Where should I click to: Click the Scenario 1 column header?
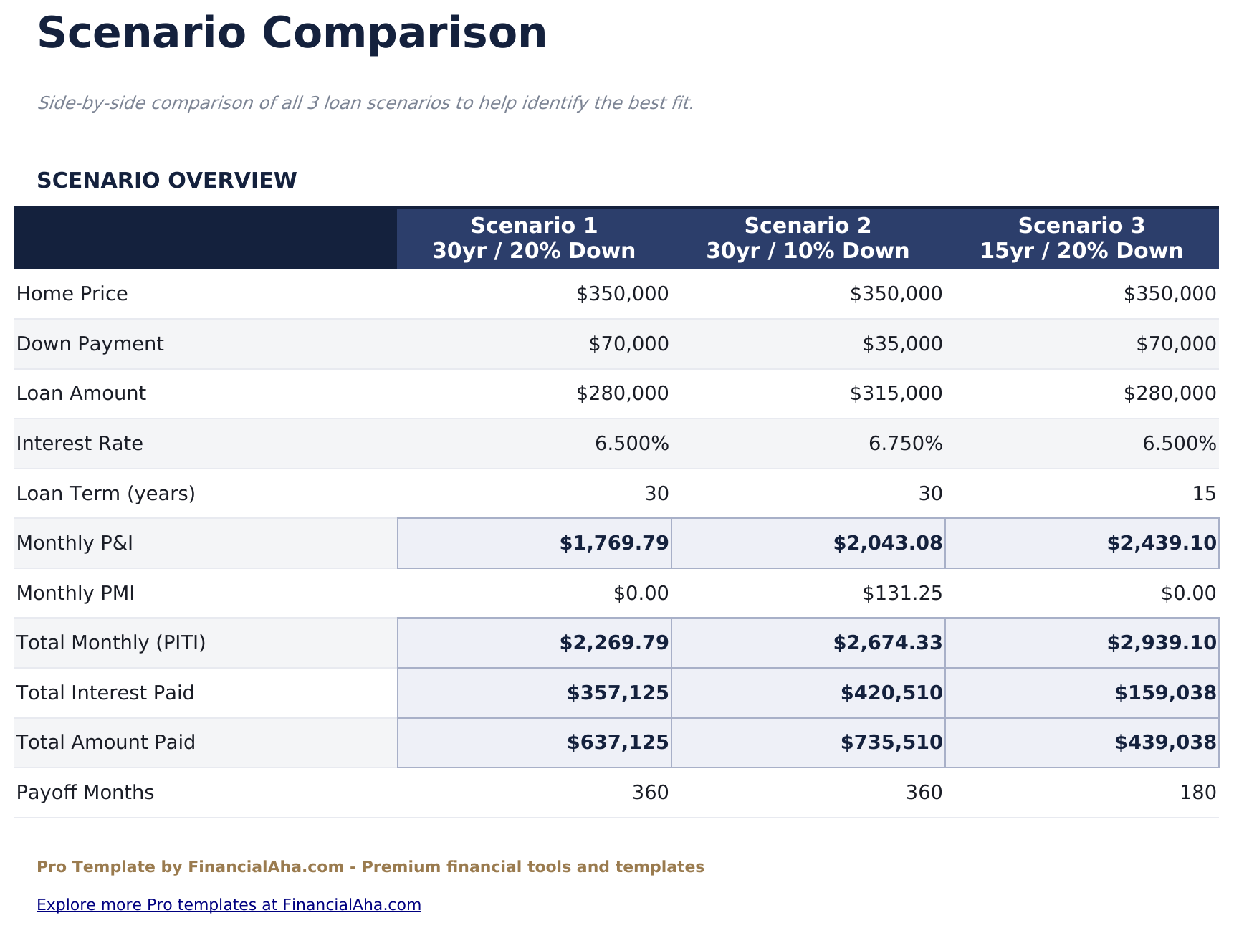pos(534,238)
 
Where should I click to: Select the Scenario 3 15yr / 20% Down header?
pos(1081,238)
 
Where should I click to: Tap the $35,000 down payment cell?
pos(902,344)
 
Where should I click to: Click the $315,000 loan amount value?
pos(896,393)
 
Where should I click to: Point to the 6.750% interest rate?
pos(905,444)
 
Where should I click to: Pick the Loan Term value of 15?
pos(1204,494)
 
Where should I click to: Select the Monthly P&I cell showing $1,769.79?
pos(614,543)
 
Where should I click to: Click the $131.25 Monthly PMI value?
pos(902,593)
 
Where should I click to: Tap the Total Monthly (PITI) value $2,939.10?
pos(1161,643)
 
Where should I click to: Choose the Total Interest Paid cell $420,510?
pos(891,693)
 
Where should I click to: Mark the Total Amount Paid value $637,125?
pos(618,742)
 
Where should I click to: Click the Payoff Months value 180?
pos(1197,793)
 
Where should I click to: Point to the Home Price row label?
pos(72,294)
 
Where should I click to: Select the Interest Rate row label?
pos(80,444)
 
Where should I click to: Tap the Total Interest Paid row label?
pos(105,693)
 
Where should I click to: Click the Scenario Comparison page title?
pos(292,34)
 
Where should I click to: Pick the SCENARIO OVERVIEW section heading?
pos(166,181)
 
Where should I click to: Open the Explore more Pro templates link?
pos(229,904)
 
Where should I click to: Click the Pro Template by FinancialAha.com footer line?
pos(370,867)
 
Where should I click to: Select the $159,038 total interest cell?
pos(1165,693)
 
